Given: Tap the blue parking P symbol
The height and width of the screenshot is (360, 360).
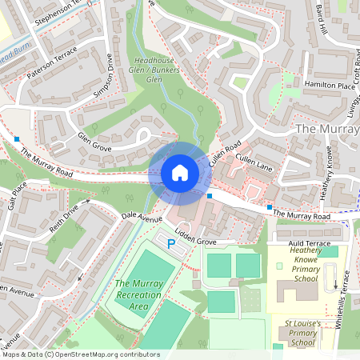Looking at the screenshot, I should [x=170, y=242].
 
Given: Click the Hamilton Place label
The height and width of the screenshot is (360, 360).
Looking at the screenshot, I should [x=328, y=85].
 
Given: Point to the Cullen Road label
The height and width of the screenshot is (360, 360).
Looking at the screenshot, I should [x=225, y=154].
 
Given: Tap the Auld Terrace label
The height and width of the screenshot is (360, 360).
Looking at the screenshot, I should [x=307, y=242].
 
